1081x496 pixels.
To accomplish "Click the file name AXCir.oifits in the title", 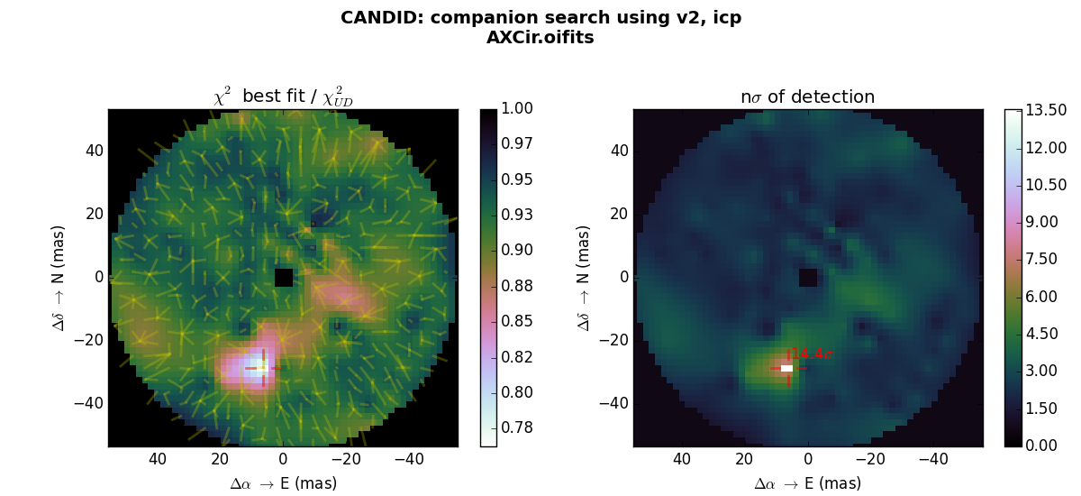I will tap(540, 38).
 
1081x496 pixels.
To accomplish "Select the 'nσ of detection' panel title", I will tap(807, 97).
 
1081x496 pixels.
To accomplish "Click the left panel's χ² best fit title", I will tap(283, 96).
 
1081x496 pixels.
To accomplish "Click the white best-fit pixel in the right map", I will tap(786, 368).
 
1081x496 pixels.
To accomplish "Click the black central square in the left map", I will tap(284, 277).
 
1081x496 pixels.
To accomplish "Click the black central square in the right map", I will tap(808, 277).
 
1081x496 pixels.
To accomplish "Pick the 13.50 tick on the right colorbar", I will tap(1046, 110).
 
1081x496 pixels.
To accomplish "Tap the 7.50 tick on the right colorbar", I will tap(1042, 259).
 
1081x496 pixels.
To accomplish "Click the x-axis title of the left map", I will tap(283, 484).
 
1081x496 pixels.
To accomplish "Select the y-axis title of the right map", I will tap(584, 277).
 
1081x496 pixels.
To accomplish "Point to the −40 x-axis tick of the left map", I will tap(409, 460).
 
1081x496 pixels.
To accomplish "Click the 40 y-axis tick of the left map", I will tap(93, 151).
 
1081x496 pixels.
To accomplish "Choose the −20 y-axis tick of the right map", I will tap(614, 340).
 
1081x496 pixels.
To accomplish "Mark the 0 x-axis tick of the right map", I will tap(808, 460).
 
